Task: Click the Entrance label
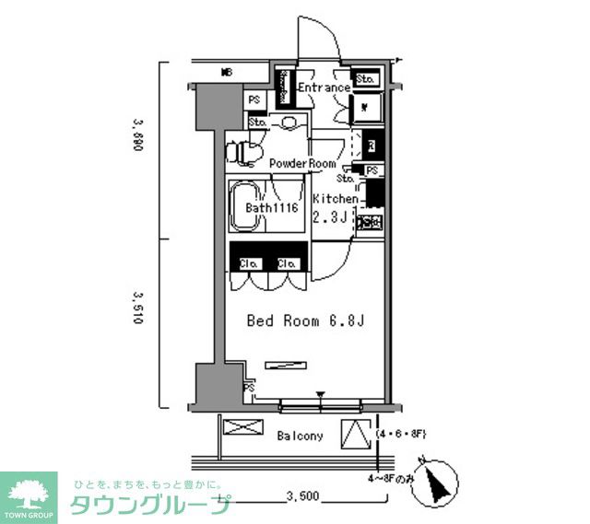[x=323, y=88]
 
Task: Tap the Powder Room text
[x=302, y=163]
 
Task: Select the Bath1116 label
[x=269, y=208]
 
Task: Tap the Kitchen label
[x=335, y=199]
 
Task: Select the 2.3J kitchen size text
[x=330, y=217]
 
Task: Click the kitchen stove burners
[x=370, y=222]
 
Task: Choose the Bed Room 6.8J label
[x=296, y=321]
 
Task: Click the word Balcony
[x=300, y=436]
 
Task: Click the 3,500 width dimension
[x=301, y=496]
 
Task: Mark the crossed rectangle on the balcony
[x=239, y=429]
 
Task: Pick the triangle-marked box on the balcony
[x=356, y=432]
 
